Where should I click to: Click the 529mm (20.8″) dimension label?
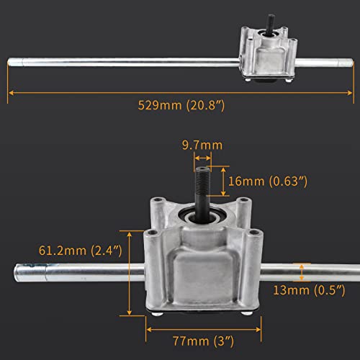181,105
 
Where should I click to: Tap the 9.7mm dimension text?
202,145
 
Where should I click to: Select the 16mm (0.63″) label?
268,181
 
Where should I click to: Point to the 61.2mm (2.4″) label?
81,251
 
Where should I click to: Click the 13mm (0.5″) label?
309,290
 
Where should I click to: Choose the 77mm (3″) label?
203,341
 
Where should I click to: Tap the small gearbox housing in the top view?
268,54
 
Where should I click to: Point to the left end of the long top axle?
9,62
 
